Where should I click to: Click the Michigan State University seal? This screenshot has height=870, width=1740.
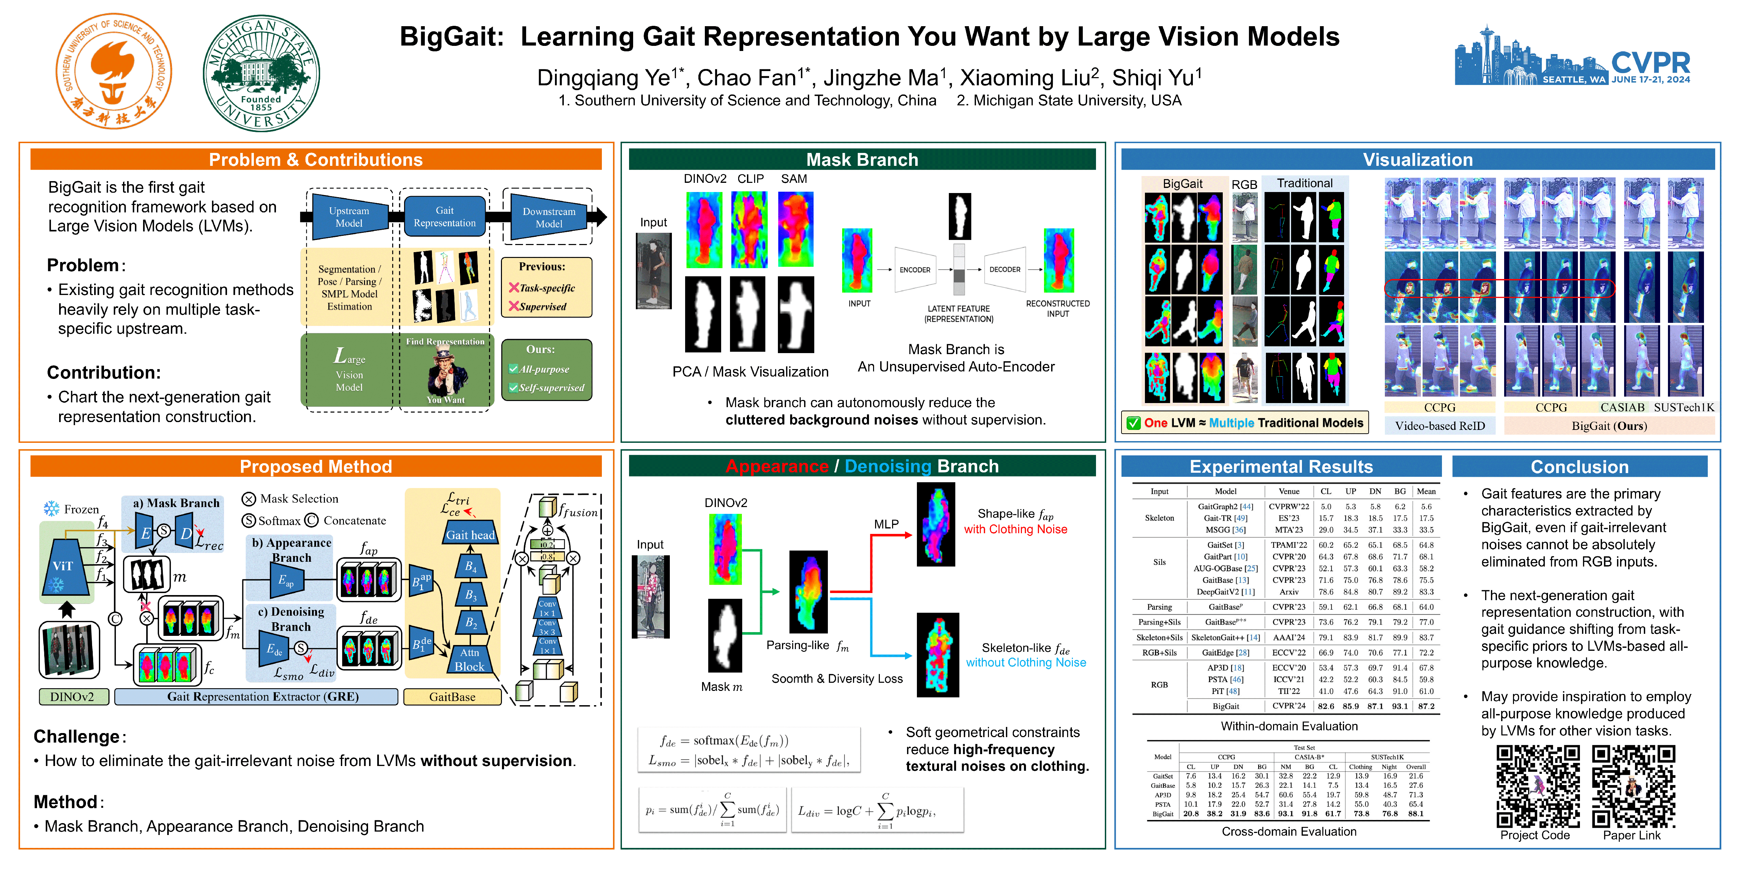[x=261, y=73]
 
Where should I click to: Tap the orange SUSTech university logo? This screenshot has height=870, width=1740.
[x=114, y=71]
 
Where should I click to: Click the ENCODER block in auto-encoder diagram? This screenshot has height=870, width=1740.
[x=915, y=269]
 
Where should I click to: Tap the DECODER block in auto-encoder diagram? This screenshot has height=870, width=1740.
[x=1005, y=269]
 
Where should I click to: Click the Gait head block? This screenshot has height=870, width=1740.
[x=470, y=534]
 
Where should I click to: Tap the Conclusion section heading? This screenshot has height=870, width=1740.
[x=1579, y=467]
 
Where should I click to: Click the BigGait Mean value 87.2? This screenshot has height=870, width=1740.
[x=1426, y=706]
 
